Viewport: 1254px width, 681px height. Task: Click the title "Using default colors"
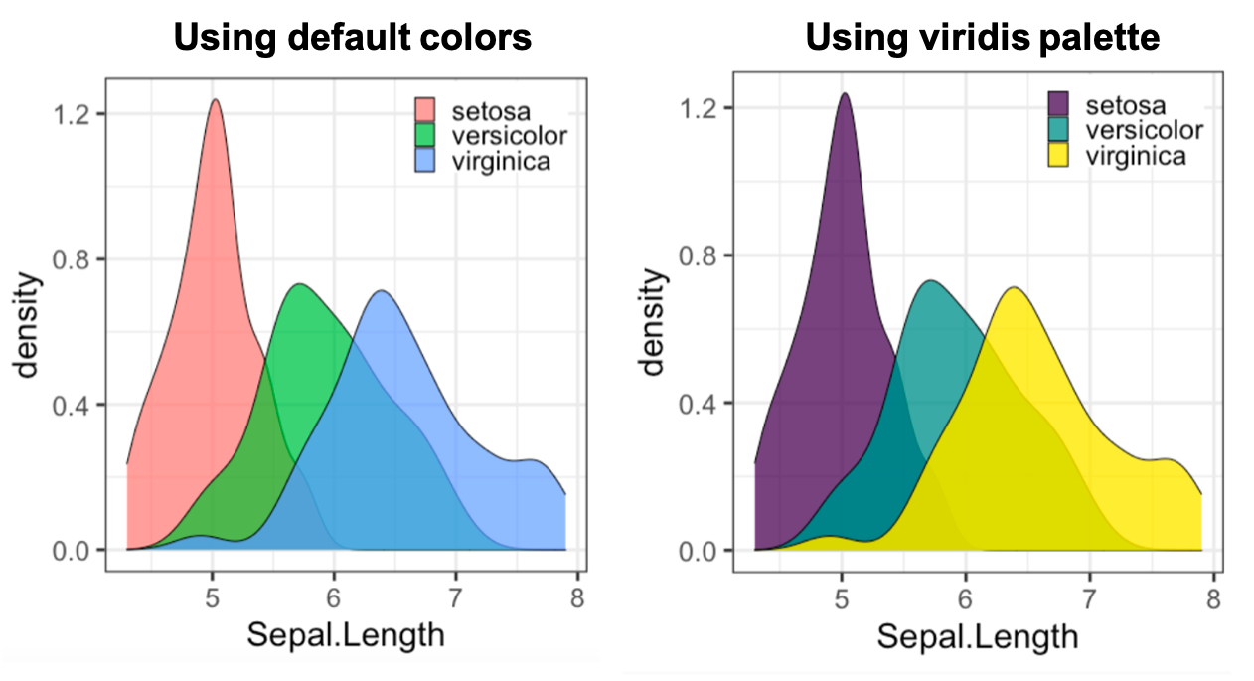(x=352, y=38)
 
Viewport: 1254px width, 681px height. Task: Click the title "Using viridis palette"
(x=983, y=38)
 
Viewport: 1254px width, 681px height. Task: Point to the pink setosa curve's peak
(x=214, y=100)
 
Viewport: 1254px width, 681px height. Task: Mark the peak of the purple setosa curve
(x=844, y=94)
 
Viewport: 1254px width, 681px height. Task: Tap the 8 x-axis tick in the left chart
(x=577, y=599)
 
